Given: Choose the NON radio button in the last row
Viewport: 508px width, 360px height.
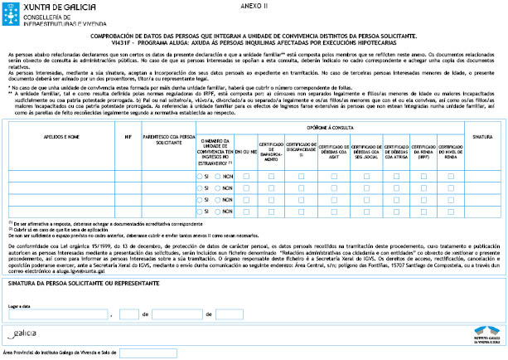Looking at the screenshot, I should pos(219,213).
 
